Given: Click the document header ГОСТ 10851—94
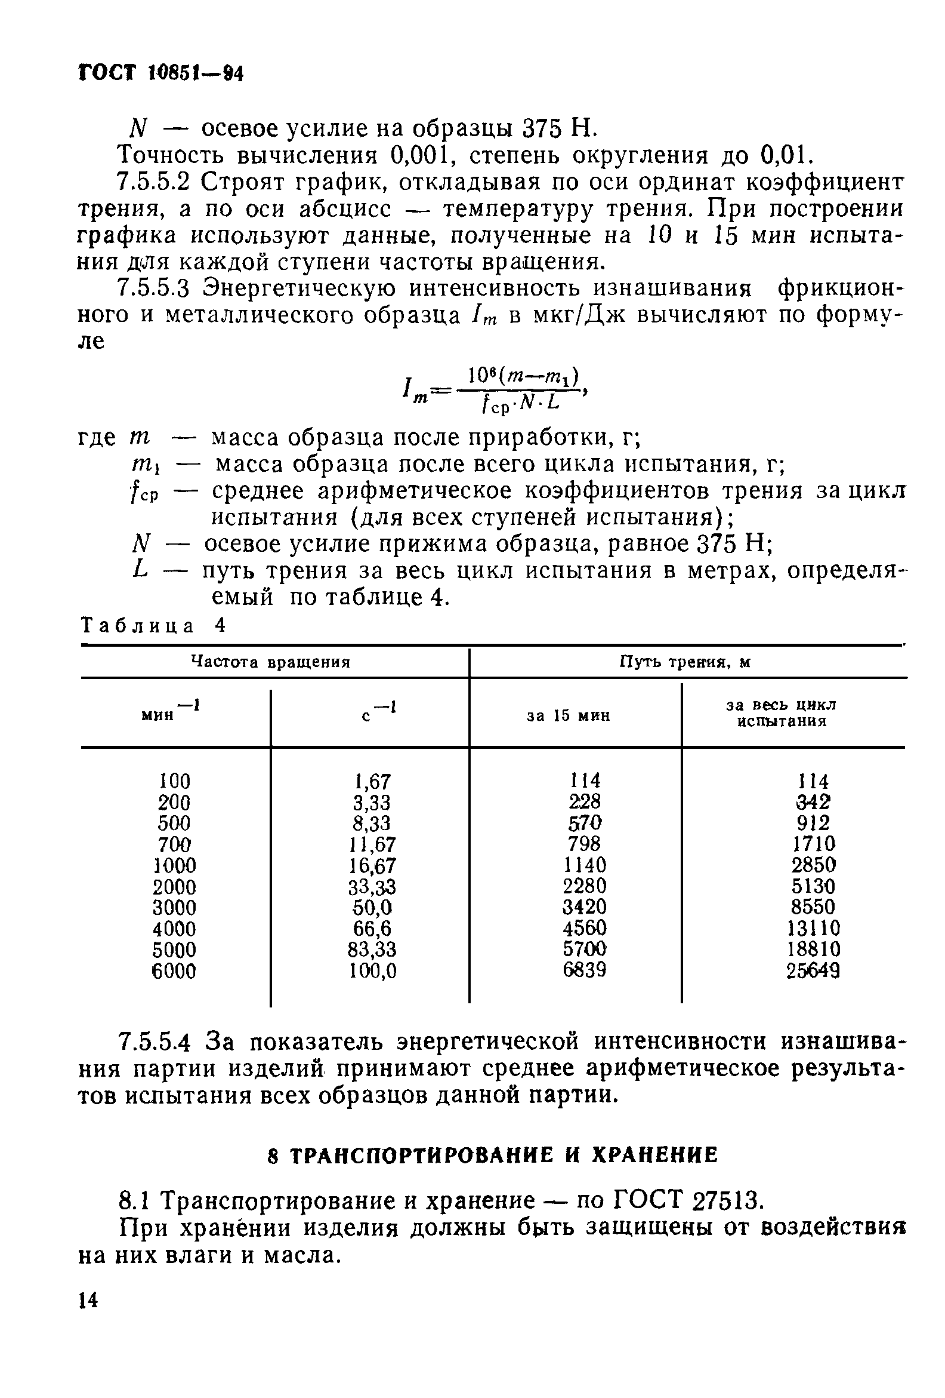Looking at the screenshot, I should click(161, 73).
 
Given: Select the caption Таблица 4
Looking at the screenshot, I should click(153, 626).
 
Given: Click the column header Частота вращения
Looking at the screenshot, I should click(270, 662).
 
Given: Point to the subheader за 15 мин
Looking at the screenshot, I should click(568, 715).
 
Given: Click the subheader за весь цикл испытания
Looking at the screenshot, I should click(782, 713).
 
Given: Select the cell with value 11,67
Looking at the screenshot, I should click(373, 844).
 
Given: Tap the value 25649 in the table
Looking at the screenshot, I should click(813, 971).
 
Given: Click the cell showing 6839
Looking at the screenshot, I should click(583, 970).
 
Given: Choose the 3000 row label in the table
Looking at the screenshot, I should click(174, 907).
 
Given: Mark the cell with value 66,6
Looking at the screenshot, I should click(373, 928).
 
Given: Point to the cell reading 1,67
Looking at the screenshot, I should click(373, 782).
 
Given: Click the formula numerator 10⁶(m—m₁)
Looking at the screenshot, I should click(523, 379).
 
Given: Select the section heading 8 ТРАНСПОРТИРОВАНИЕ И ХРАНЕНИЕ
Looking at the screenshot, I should click(492, 1155).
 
